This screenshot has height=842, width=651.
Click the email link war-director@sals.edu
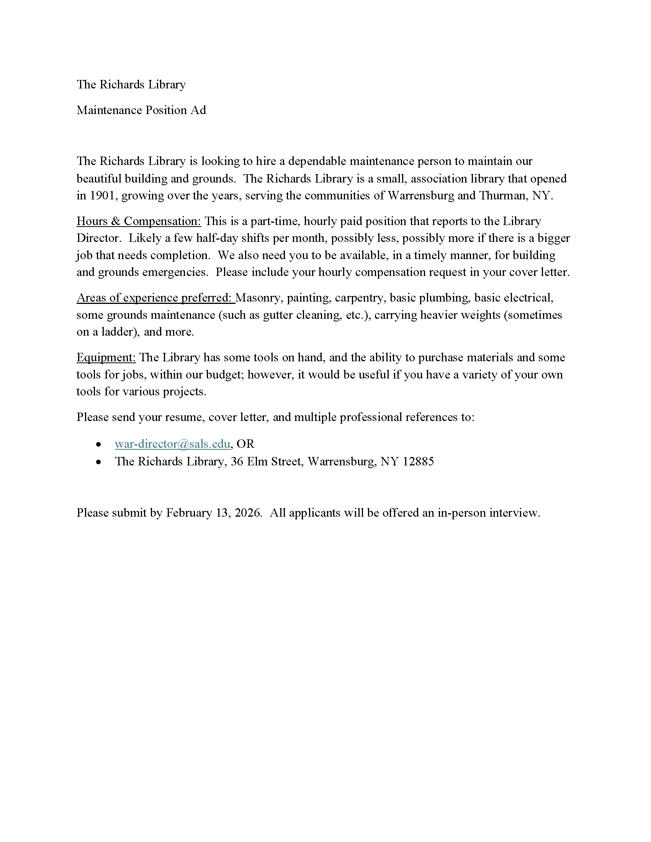[172, 444]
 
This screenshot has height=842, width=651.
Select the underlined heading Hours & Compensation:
[139, 221]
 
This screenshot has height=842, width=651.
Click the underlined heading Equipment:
[106, 357]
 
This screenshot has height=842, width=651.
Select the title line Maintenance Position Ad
[141, 110]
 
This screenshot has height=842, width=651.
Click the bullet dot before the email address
[99, 444]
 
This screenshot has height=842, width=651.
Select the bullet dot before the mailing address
[99, 462]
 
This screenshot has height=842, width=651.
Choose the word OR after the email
[246, 444]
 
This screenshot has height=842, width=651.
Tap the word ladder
[119, 332]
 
